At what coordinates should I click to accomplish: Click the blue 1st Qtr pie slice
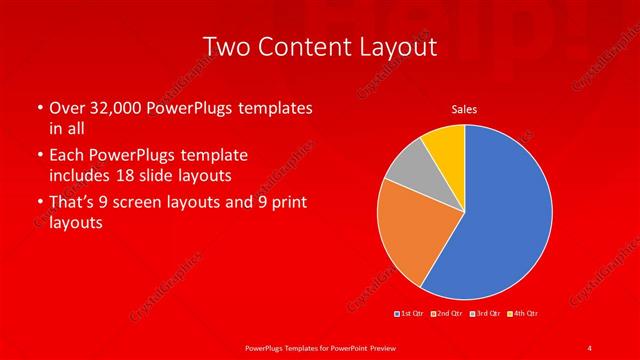click(x=500, y=220)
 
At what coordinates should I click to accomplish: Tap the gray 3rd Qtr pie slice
click(x=408, y=167)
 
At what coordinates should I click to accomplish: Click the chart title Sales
click(x=464, y=108)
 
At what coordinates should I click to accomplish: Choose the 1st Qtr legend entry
click(x=411, y=314)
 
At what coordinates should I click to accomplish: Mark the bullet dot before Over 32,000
click(x=39, y=108)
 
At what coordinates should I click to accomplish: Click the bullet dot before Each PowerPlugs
click(x=39, y=157)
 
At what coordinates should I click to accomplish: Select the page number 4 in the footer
click(x=590, y=347)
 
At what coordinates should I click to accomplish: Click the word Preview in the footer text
click(x=380, y=347)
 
